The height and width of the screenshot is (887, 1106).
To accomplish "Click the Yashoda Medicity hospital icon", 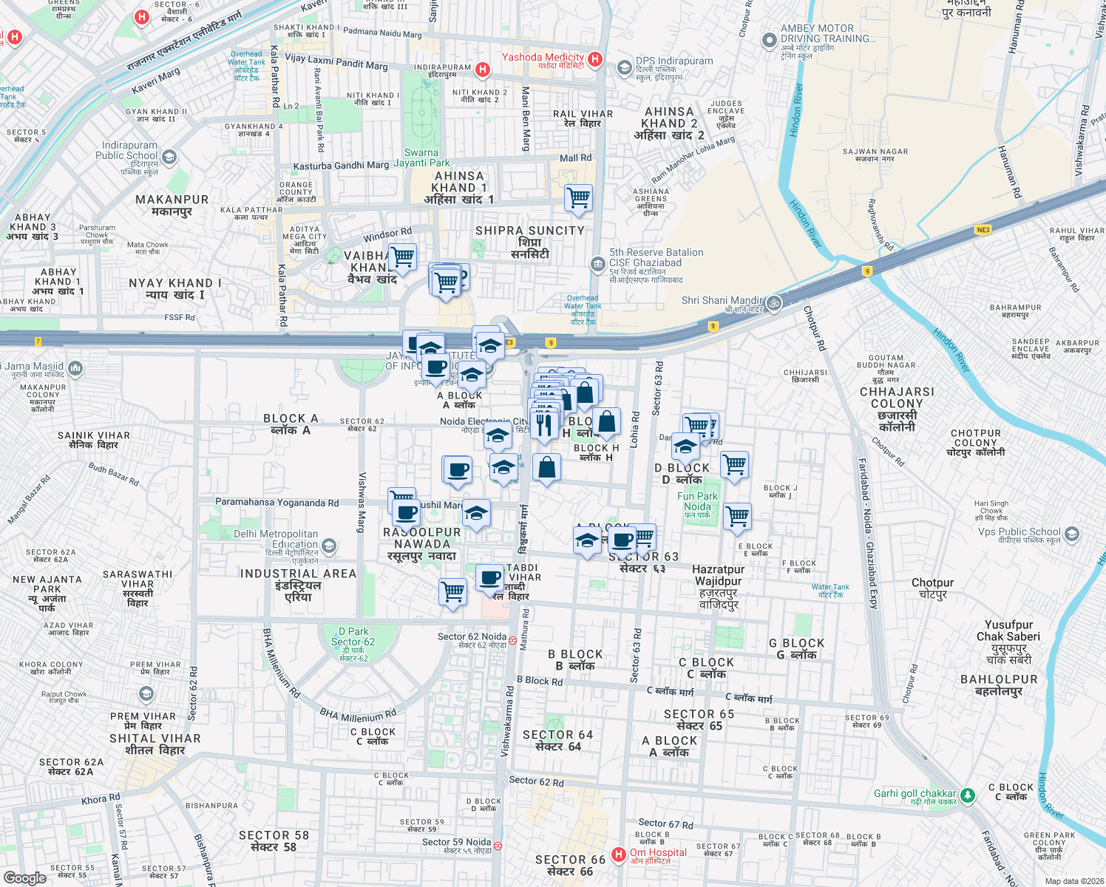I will point(595,58).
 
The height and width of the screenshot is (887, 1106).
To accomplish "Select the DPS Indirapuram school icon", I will point(624,68).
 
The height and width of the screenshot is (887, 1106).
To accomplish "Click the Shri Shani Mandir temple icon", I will point(773,302).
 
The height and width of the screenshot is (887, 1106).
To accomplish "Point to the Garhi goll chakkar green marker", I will point(967,795).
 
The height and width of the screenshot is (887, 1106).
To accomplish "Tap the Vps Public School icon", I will point(1072,534).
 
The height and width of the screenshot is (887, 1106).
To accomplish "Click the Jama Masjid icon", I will point(75,367).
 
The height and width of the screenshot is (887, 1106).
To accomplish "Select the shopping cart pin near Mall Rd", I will point(578,198).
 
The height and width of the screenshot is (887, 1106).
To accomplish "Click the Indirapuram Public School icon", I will point(169,157).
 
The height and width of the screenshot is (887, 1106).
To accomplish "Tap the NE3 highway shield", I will point(983,230).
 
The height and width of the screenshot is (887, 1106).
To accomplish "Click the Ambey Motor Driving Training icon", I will point(770,40).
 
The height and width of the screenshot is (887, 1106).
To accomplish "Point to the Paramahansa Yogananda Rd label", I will point(276,503).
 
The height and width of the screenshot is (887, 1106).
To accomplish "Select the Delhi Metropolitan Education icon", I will point(329,546).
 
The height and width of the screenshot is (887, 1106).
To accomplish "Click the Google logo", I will point(25,877).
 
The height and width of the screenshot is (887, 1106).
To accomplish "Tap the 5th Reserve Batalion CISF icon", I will point(597,264).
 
